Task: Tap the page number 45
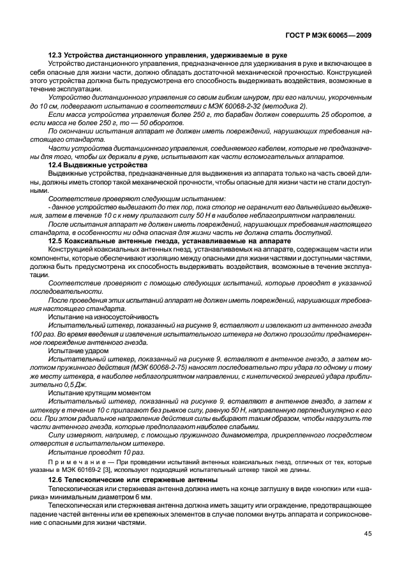(x=368, y=534)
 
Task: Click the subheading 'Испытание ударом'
(x=78, y=350)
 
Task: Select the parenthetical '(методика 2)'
(x=297, y=105)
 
